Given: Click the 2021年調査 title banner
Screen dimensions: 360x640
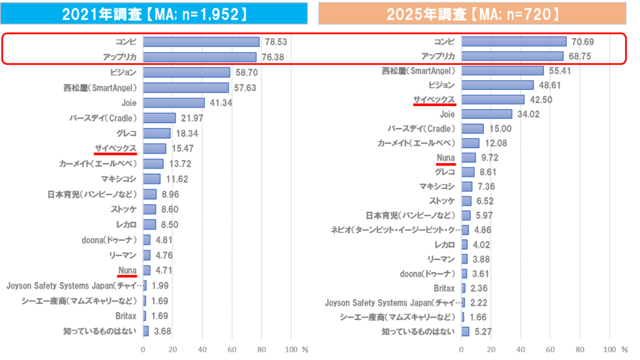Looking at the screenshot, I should pos(154,14).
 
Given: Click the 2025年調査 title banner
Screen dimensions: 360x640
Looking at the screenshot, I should pos(472,14).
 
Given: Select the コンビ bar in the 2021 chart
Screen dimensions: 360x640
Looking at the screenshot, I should pos(201,42).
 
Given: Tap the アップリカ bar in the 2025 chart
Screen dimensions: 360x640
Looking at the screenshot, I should pos(512,56).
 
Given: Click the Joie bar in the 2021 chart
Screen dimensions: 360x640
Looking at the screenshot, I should pos(173,102).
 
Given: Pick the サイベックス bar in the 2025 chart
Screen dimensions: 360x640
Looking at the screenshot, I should pos(492,99).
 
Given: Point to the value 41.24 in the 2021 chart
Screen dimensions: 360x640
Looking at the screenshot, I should pos(218,102).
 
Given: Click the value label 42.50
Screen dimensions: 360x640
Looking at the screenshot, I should pos(539,99).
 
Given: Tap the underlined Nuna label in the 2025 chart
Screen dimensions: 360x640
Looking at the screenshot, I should pos(446,157).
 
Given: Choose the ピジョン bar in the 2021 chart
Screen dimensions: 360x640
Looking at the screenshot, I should pos(186,72).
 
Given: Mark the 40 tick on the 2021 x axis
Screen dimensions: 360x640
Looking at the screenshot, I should pos(202,349).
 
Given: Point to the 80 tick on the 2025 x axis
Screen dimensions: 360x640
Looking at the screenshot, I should pos(579,349).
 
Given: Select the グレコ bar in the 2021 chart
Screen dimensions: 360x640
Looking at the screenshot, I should pos(156,133).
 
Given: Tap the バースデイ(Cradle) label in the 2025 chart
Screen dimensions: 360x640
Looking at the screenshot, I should pos(421,128).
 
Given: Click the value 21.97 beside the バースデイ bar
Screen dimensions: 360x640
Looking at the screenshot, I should pos(189,118).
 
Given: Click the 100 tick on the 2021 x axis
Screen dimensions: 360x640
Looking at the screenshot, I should pos(291,349).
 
